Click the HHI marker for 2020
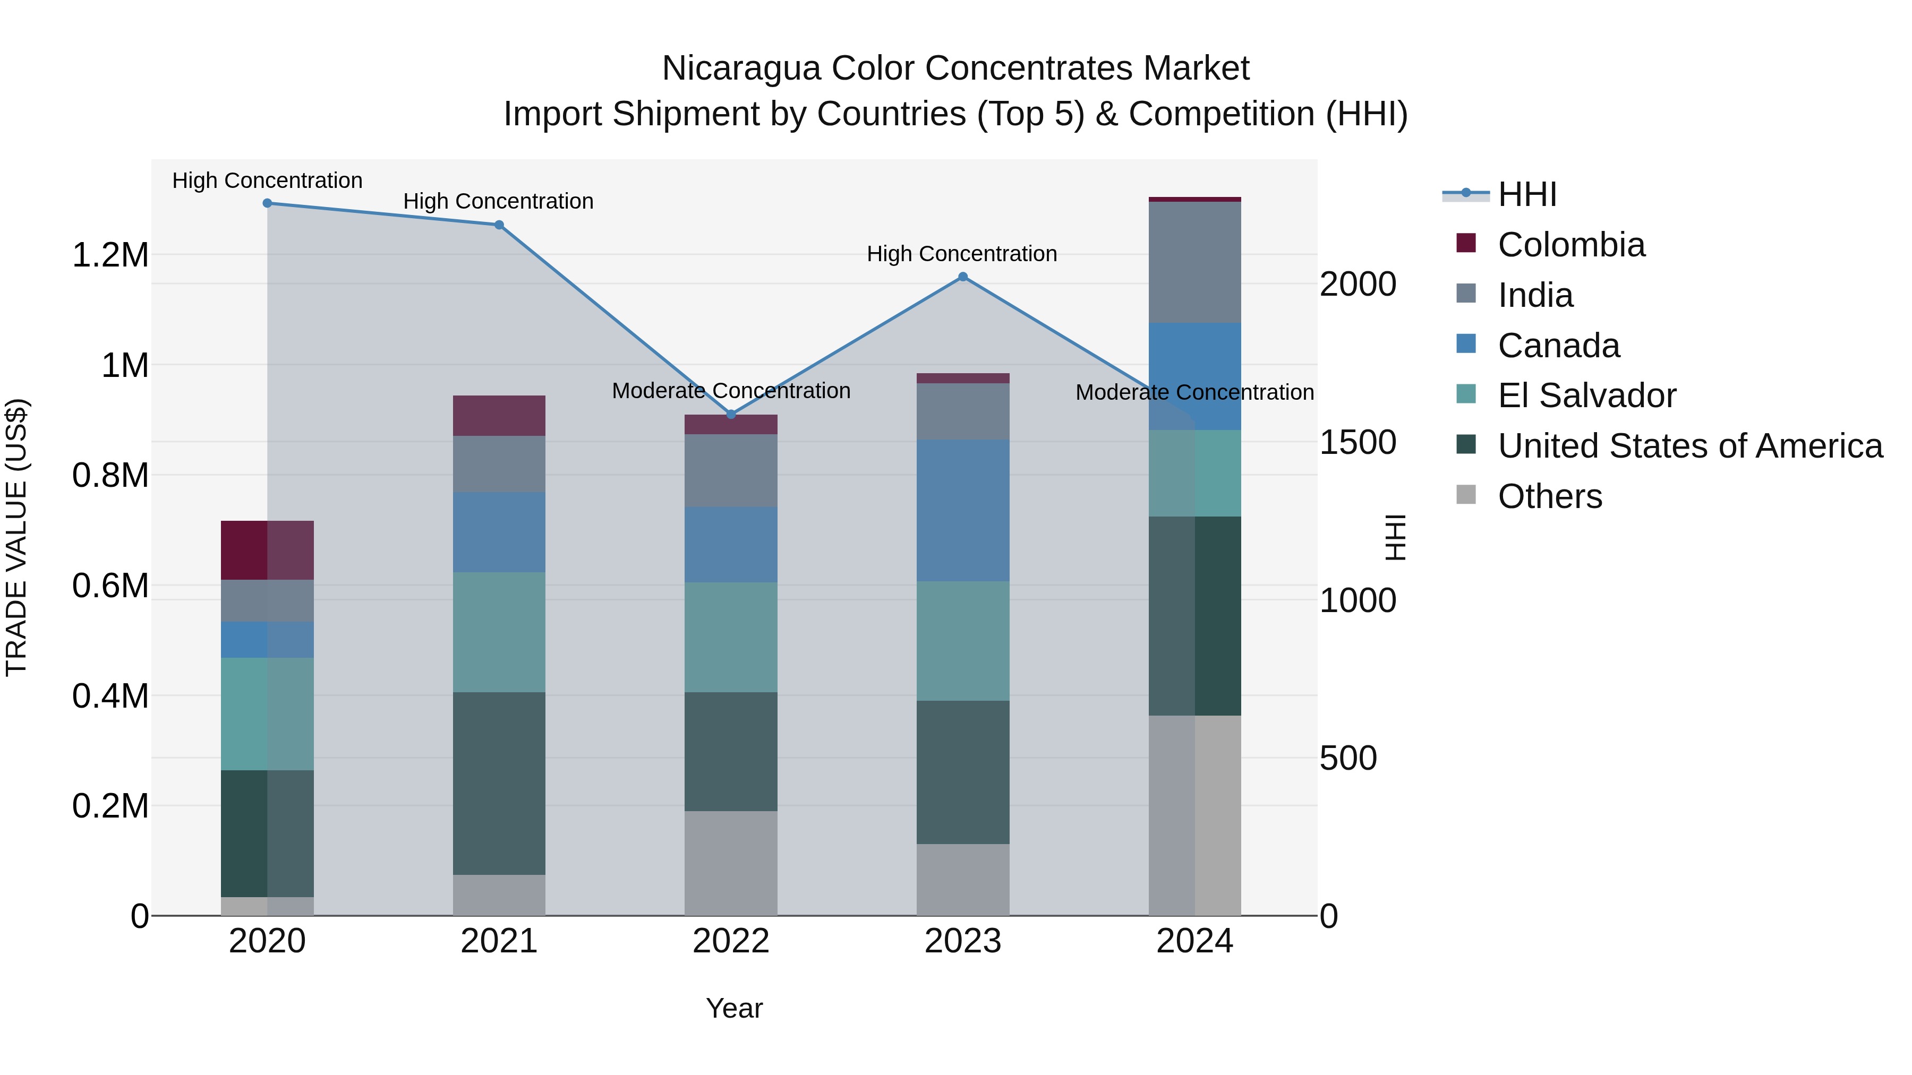coord(267,203)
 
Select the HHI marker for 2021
coord(499,225)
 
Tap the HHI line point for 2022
coord(731,415)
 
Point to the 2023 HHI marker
coord(963,277)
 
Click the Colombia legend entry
coord(1570,245)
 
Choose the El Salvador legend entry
coord(1586,395)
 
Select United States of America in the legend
coord(1689,446)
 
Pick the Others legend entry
coord(1549,496)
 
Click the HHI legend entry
coord(1527,194)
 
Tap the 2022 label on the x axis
coord(731,941)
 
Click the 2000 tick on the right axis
coord(1358,284)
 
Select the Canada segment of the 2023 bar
coord(963,510)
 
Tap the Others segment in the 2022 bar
coord(731,863)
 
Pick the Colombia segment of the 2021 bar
coord(499,416)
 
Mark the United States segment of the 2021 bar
coord(499,784)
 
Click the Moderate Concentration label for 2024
coord(1194,392)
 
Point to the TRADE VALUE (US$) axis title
coord(16,537)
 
